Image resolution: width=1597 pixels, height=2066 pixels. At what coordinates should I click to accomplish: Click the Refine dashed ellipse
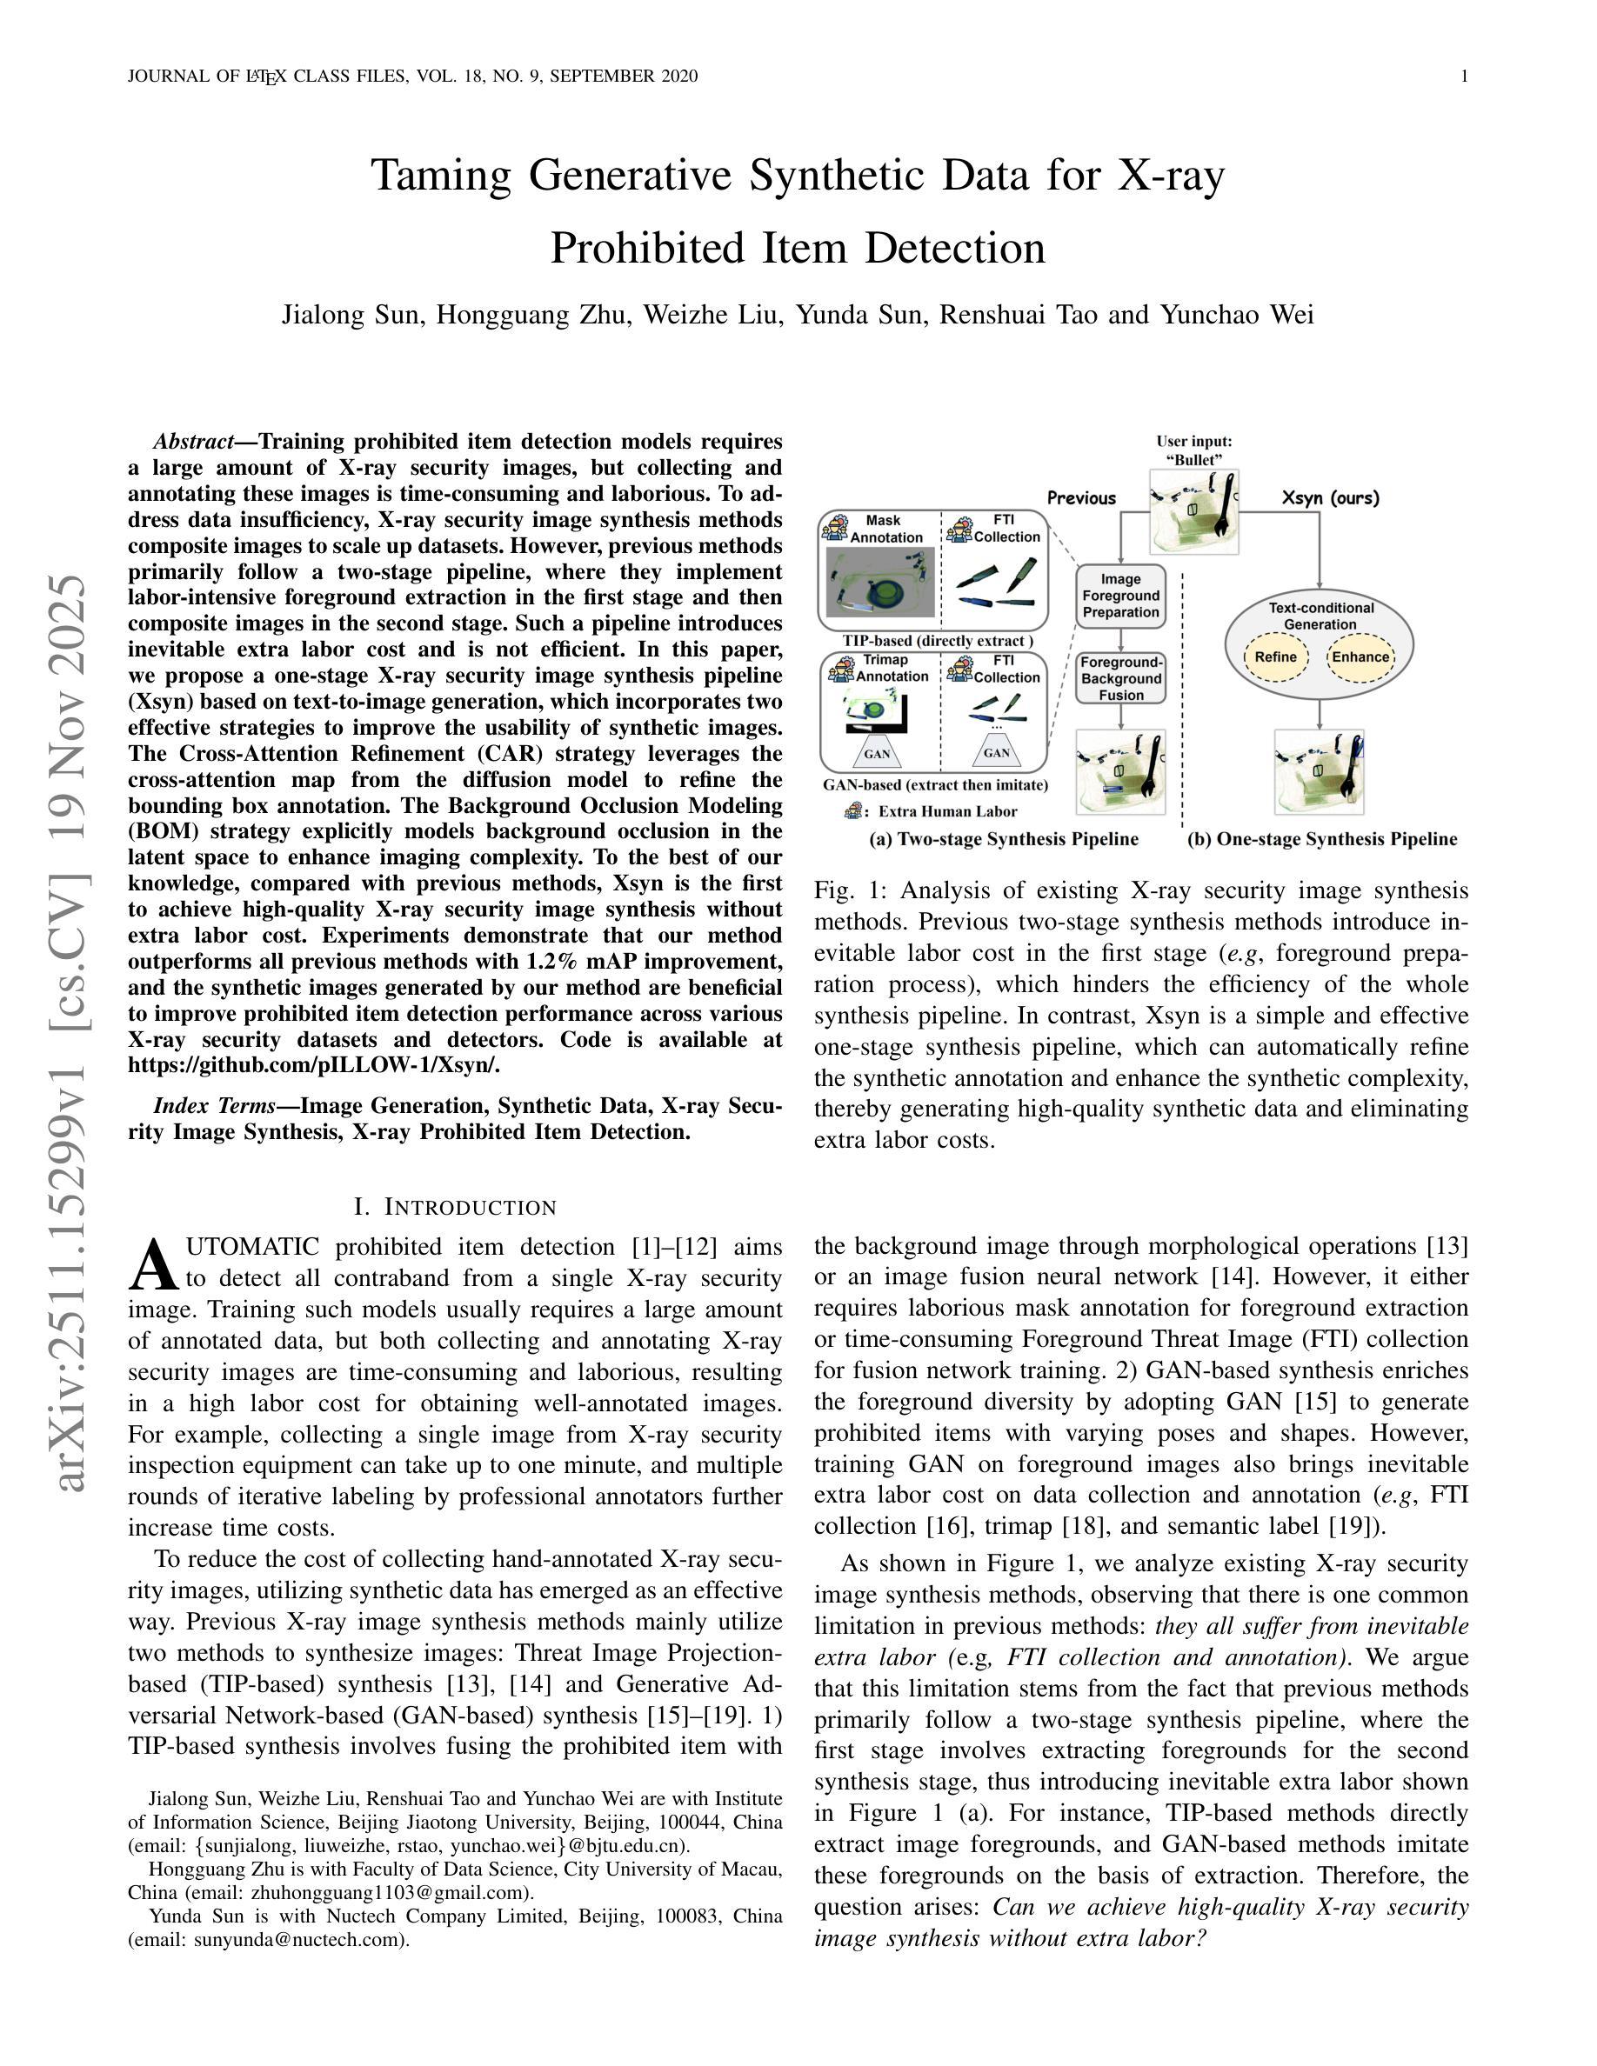(x=1274, y=657)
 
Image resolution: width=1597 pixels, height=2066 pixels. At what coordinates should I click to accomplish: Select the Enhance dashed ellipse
(x=1360, y=657)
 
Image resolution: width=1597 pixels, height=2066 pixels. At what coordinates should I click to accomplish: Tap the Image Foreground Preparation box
(x=1121, y=596)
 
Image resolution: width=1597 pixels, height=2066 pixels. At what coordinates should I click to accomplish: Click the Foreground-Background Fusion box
(x=1121, y=678)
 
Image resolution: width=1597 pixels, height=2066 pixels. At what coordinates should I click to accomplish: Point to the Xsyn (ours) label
(x=1330, y=497)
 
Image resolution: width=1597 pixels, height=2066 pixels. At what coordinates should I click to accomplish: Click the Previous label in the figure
(x=1081, y=497)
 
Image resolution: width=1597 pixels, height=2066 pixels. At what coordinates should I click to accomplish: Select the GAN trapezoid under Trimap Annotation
(x=877, y=753)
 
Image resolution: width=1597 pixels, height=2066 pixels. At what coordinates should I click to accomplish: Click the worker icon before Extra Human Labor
(x=854, y=810)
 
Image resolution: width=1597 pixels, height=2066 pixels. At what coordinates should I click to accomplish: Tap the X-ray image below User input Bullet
(x=1194, y=512)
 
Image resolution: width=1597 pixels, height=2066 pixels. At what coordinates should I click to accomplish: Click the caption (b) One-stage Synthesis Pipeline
(x=1321, y=839)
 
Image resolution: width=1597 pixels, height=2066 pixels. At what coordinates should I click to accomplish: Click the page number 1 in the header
(x=1465, y=77)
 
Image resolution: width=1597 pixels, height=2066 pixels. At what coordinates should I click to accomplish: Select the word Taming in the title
(x=441, y=176)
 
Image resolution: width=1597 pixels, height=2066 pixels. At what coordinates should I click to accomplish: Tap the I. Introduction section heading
(x=455, y=1207)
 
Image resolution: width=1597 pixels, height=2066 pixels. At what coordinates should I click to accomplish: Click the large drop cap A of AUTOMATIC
(x=153, y=1266)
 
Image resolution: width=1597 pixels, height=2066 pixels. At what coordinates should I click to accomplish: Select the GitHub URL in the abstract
(x=313, y=1065)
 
